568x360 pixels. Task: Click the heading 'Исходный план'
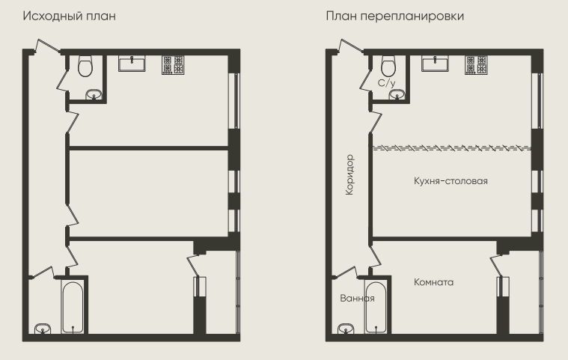(x=69, y=16)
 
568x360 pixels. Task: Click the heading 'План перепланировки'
(x=395, y=16)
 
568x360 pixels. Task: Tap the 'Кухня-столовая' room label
(x=451, y=180)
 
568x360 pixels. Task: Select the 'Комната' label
(x=433, y=282)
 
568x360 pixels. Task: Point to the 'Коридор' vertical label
(x=349, y=175)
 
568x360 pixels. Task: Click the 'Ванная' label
(x=357, y=298)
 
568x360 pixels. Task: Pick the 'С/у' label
(x=386, y=83)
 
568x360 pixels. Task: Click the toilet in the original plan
(x=85, y=66)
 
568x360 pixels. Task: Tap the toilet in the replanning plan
(x=388, y=65)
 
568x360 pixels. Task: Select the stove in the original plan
(x=173, y=65)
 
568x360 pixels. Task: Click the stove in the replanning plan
(x=476, y=65)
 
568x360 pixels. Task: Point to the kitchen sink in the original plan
(x=132, y=64)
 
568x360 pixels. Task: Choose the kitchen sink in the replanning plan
(x=435, y=64)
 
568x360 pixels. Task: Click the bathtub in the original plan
(x=73, y=307)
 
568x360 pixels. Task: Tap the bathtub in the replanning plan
(x=376, y=307)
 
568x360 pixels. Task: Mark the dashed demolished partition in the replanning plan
(x=452, y=147)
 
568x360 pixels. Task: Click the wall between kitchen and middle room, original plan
(x=148, y=147)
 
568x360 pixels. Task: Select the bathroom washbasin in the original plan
(x=43, y=329)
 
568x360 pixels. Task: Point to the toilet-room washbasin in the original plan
(x=94, y=94)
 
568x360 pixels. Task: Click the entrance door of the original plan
(x=48, y=46)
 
